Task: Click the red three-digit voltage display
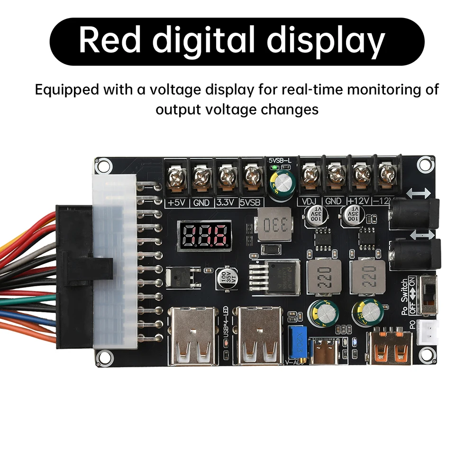point(204,236)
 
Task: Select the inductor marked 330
point(272,224)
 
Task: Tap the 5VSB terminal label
point(251,202)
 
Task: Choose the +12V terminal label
point(359,201)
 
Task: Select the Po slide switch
point(429,295)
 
